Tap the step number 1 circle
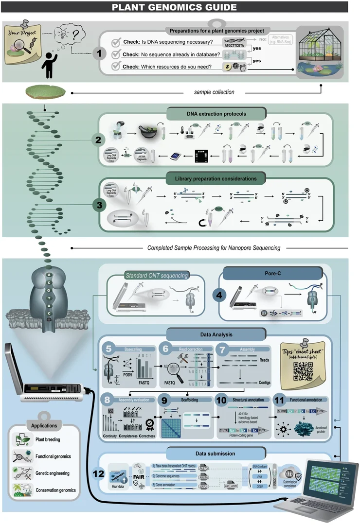point(99,53)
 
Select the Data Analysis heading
point(216,334)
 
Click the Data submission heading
point(216,453)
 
